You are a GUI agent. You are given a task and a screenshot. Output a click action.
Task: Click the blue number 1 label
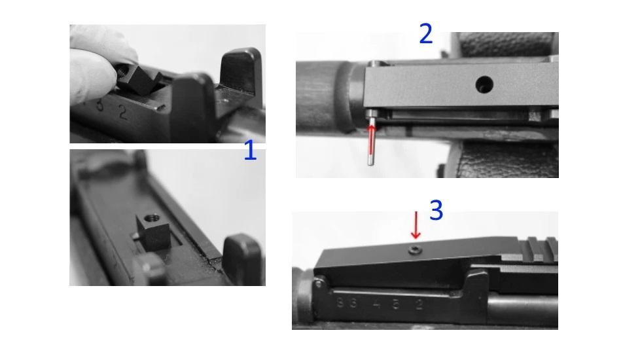tap(249, 152)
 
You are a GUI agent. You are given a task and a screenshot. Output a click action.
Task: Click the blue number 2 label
tap(425, 34)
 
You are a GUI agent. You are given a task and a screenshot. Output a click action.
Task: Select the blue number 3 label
tap(436, 210)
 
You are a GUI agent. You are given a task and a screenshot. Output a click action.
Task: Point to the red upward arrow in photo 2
tap(372, 137)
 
